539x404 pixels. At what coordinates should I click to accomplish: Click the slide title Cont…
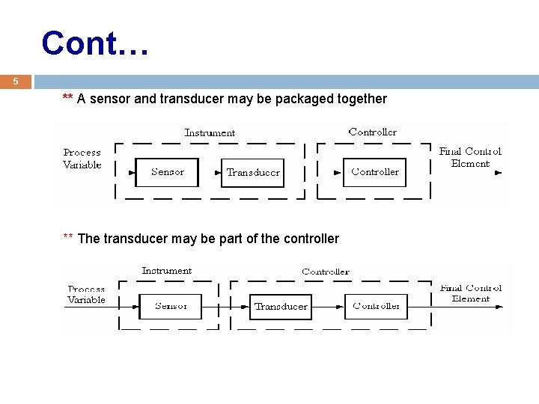tap(96, 43)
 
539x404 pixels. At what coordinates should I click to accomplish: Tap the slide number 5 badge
tap(15, 82)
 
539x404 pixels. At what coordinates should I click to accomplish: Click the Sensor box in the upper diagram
tap(167, 172)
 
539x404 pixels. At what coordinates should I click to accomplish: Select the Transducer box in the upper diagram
tap(253, 172)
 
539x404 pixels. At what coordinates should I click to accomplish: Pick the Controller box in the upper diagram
tap(374, 172)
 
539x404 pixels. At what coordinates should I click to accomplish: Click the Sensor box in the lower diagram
tap(171, 306)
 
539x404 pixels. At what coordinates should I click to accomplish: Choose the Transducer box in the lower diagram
tap(281, 306)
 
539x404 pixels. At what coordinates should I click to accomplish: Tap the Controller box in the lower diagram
tap(377, 306)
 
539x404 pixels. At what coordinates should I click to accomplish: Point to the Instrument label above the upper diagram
tap(210, 132)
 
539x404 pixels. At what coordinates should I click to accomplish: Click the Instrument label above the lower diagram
tap(166, 271)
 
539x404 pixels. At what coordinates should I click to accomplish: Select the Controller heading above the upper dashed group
tap(373, 132)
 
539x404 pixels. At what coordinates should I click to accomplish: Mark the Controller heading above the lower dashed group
tap(326, 272)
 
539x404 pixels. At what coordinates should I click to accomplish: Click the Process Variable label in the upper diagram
tap(82, 159)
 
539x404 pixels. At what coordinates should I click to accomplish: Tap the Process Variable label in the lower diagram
tap(86, 294)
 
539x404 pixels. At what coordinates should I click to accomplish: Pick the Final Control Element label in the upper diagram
tap(470, 157)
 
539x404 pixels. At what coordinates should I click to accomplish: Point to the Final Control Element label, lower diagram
tap(471, 293)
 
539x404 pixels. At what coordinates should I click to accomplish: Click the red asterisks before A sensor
tap(67, 98)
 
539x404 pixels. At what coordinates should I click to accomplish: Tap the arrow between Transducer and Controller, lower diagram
tap(329, 306)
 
